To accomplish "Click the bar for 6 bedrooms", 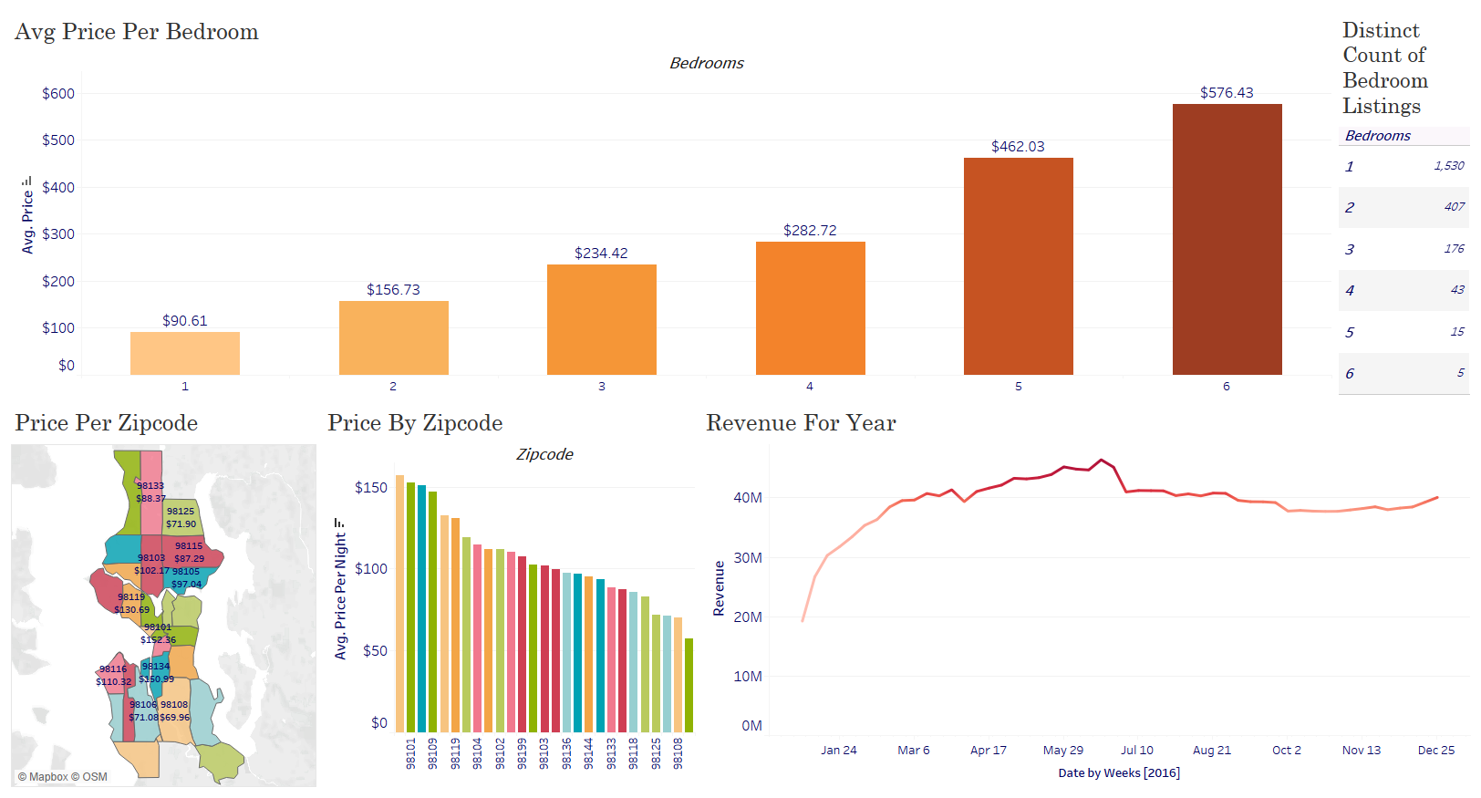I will (1227, 239).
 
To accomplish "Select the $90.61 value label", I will (184, 321).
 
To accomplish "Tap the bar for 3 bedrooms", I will (601, 319).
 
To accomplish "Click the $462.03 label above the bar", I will (1018, 147).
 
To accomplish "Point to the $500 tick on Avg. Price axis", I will (58, 140).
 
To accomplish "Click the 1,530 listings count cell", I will (1448, 166).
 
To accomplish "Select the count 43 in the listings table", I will (1456, 290).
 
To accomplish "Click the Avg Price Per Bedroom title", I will (137, 32).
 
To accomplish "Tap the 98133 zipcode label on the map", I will (150, 486).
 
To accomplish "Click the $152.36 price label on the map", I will (158, 639).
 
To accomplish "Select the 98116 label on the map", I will (113, 669).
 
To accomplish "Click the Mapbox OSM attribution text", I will (62, 777).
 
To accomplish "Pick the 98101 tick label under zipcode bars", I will (410, 753).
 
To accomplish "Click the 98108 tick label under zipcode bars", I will (678, 753).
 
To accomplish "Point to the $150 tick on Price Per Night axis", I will (371, 488).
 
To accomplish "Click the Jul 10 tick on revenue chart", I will (1136, 750).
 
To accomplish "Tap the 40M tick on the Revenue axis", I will (748, 498).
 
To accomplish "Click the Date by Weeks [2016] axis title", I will (1118, 772).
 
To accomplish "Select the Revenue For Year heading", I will (801, 423).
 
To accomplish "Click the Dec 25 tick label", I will (1435, 750).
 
